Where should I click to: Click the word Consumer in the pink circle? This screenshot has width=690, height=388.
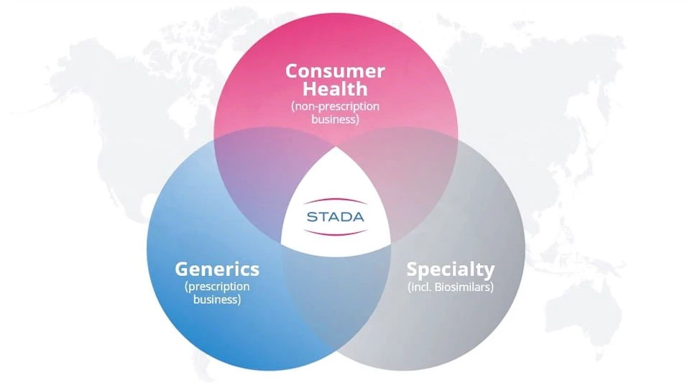336,71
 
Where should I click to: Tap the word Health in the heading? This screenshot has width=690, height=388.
335,89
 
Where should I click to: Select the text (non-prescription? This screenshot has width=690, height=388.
335,106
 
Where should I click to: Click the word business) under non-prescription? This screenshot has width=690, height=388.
335,119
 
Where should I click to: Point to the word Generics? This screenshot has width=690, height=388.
217,269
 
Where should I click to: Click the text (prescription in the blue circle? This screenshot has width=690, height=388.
217,287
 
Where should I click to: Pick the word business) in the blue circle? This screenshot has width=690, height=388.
217,300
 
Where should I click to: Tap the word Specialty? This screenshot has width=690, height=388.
451,269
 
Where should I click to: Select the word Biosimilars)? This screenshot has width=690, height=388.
464,287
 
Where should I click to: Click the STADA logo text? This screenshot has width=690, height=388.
336,217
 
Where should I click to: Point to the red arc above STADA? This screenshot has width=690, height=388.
336,201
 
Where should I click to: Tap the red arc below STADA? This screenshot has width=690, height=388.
336,232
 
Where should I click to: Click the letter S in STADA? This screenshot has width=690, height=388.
311,217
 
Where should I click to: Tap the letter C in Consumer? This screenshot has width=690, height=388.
293,71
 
